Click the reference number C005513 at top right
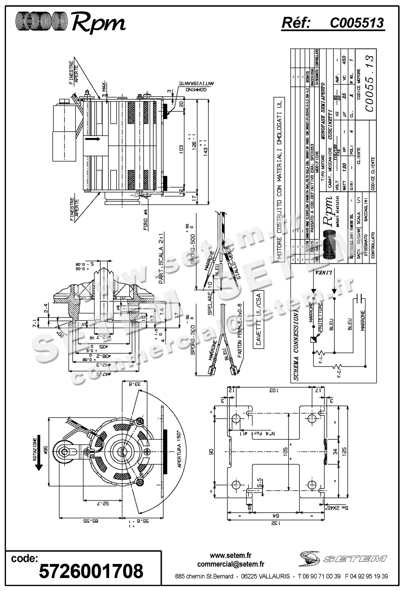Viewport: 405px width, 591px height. [x=357, y=23]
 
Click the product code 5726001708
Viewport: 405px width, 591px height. [x=91, y=571]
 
